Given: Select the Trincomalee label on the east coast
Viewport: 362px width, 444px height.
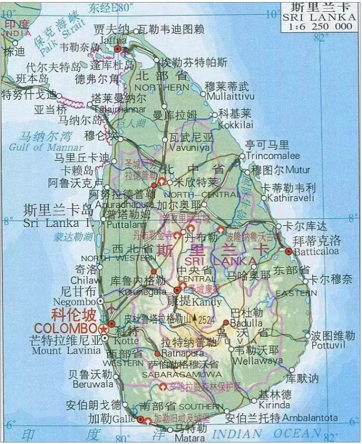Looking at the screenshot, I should pos(273,155).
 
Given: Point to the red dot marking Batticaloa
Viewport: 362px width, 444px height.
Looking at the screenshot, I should pos(288,251).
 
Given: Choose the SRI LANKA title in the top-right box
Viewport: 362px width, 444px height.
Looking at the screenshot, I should pos(319,17).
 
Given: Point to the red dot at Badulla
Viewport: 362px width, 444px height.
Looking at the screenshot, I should pos(226,322).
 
